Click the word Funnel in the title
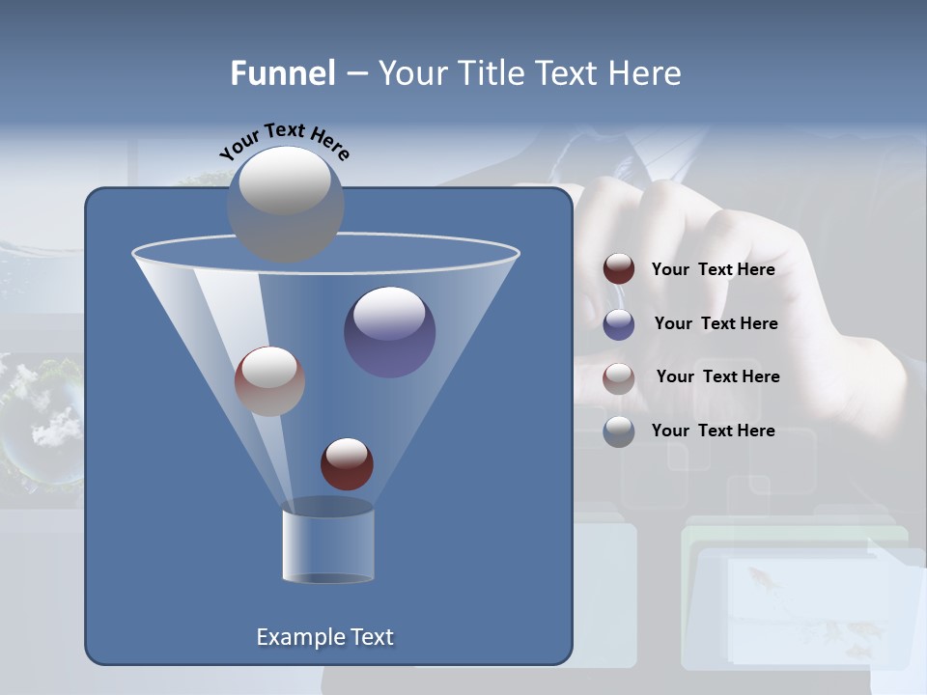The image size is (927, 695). pyautogui.click(x=282, y=73)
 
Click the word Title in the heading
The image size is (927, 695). pyautogui.click(x=492, y=73)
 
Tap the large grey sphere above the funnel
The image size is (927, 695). pyautogui.click(x=286, y=204)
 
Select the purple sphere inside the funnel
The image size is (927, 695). pyautogui.click(x=390, y=333)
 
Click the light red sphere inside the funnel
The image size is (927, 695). pyautogui.click(x=269, y=381)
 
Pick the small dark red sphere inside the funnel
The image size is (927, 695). pyautogui.click(x=347, y=464)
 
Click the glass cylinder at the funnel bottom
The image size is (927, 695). pyautogui.click(x=327, y=542)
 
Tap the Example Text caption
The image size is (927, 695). pyautogui.click(x=324, y=637)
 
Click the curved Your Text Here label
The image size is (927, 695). pyautogui.click(x=284, y=141)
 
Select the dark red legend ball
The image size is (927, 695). pyautogui.click(x=619, y=269)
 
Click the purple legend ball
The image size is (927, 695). pyautogui.click(x=619, y=324)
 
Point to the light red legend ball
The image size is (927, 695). pyautogui.click(x=619, y=377)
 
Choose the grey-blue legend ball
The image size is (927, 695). pyautogui.click(x=619, y=431)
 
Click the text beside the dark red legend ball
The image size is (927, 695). pyautogui.click(x=713, y=270)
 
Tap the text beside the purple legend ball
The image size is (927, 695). pyautogui.click(x=716, y=324)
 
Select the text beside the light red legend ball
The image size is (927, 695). pyautogui.click(x=717, y=377)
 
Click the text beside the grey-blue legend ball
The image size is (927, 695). pyautogui.click(x=713, y=431)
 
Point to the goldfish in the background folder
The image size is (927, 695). pyautogui.click(x=760, y=579)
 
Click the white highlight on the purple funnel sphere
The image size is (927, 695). pyautogui.click(x=389, y=313)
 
